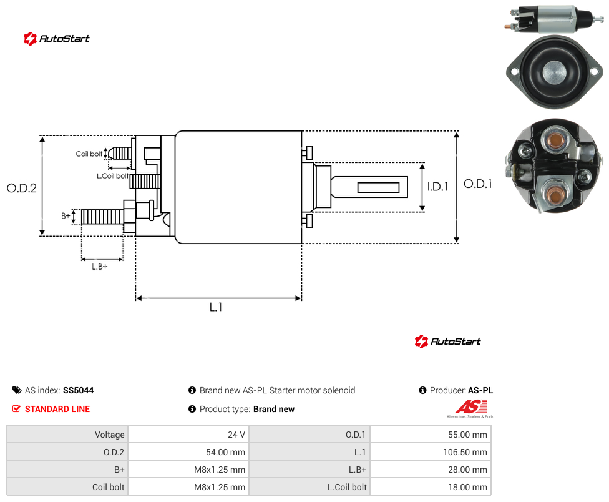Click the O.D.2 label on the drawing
click(22, 188)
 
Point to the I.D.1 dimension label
click(438, 187)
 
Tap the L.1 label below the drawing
click(215, 307)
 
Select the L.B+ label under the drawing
click(99, 267)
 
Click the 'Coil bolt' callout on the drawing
click(89, 154)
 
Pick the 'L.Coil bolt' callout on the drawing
click(112, 176)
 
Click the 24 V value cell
click(189, 435)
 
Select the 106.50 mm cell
click(431, 452)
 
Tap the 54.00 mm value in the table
click(226, 452)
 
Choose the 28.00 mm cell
click(431, 470)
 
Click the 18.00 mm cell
click(431, 487)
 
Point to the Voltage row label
click(110, 435)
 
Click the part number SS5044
click(79, 390)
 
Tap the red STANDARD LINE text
click(57, 409)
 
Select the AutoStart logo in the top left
click(56, 39)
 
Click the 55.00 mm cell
click(431, 435)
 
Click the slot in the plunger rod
click(378, 188)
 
